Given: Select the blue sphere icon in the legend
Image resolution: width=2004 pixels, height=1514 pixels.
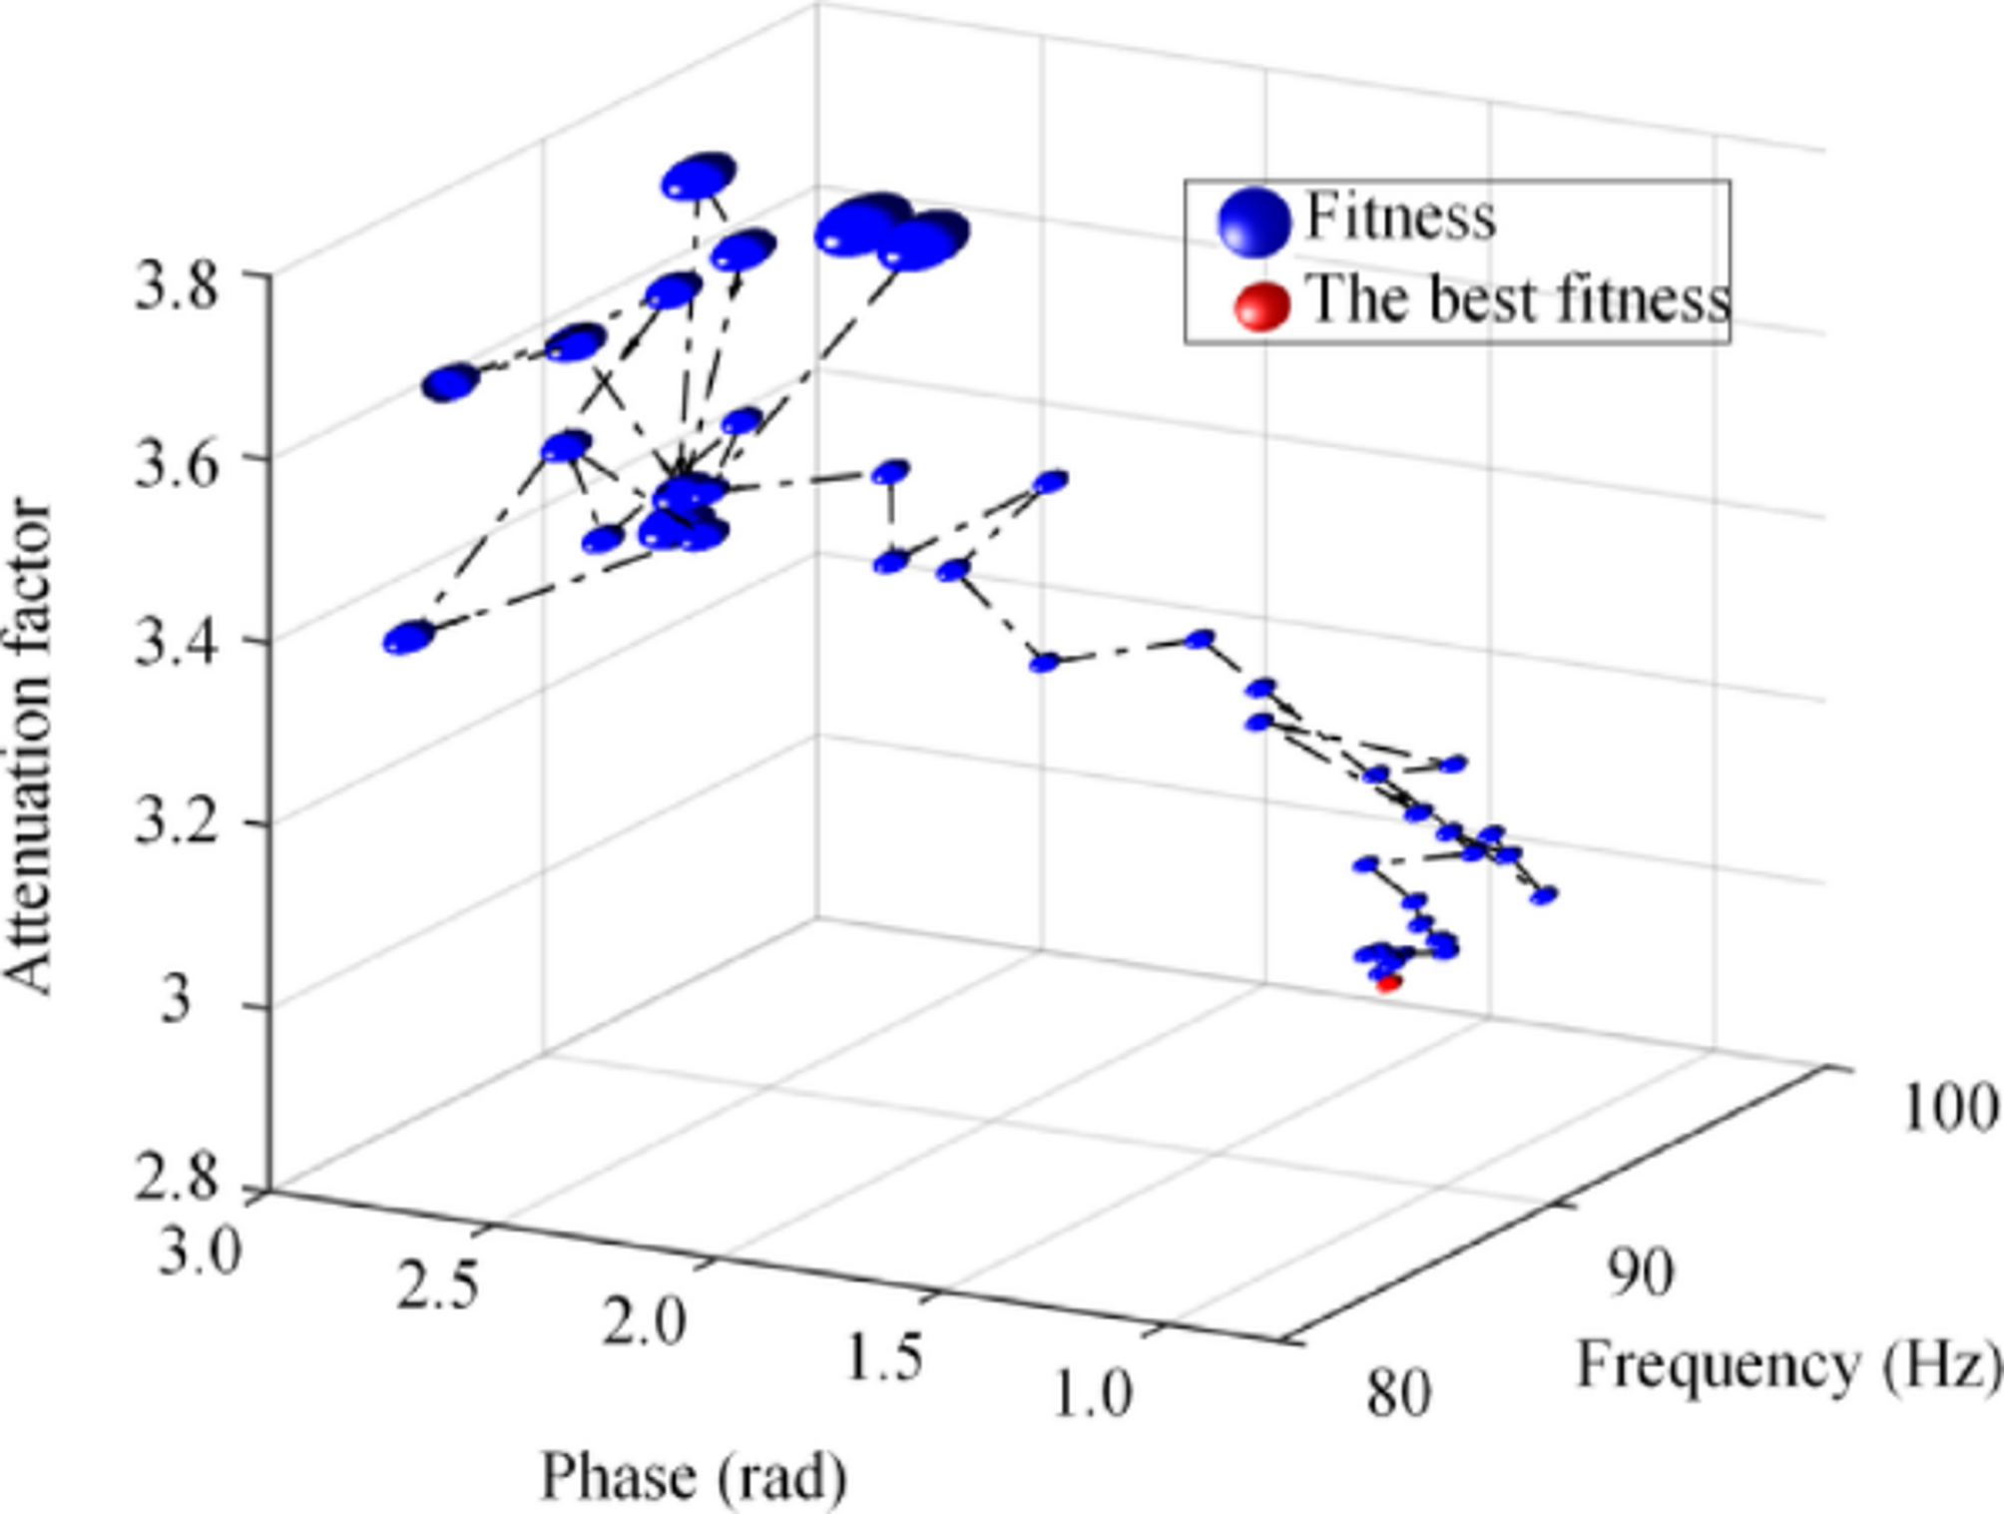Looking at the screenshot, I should point(1253,221).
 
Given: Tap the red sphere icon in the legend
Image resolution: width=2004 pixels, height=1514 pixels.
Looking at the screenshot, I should point(1260,305).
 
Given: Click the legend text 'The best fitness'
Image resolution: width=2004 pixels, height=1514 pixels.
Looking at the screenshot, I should point(1518,298).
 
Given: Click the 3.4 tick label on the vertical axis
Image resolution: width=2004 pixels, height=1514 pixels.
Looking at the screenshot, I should point(175,644).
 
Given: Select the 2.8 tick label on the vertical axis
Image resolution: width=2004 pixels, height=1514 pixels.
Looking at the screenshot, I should point(175,1178).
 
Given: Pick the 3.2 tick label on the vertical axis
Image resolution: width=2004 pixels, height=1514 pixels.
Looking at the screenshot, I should point(175,824).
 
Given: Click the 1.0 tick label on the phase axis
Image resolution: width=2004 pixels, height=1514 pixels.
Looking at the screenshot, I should point(1093,1394).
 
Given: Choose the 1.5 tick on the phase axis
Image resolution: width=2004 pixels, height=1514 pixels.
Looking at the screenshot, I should point(883,1357).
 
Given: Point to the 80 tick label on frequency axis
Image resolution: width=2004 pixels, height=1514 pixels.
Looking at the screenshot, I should point(1398,1393).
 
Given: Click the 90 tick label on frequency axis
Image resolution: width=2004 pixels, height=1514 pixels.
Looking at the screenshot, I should point(1640,1274).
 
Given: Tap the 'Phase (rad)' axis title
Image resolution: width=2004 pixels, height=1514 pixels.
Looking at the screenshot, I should point(694,1476).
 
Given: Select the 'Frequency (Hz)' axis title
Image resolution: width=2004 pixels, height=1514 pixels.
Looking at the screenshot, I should point(1787,1364).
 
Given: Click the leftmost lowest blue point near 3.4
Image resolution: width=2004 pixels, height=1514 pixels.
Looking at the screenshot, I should point(409,637).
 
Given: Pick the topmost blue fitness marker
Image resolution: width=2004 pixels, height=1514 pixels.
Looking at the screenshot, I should point(698,178).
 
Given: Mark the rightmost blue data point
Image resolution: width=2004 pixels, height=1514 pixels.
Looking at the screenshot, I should point(1544,895).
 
